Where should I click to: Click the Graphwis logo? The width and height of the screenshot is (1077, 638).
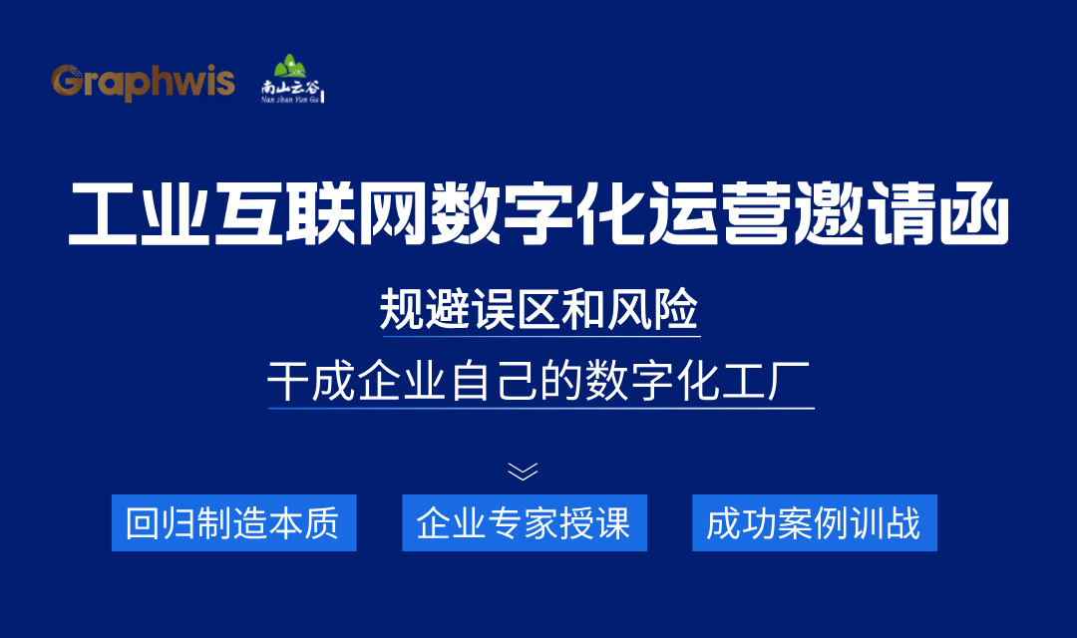pos(143,82)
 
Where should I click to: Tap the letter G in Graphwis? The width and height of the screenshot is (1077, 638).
pos(65,81)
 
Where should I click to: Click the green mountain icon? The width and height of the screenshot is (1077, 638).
pos(291,67)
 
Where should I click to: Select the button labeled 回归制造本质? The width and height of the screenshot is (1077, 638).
pos(233,522)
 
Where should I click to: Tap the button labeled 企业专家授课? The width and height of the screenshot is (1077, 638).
pos(525,522)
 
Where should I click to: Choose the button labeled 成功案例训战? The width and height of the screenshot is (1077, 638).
pos(814,522)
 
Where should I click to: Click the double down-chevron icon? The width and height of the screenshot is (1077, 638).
pos(523,471)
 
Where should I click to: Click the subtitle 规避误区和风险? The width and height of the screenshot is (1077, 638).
pos(539,310)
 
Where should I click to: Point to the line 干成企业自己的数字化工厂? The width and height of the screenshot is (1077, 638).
pos(539,382)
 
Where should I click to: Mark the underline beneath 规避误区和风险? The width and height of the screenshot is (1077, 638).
pos(539,336)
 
